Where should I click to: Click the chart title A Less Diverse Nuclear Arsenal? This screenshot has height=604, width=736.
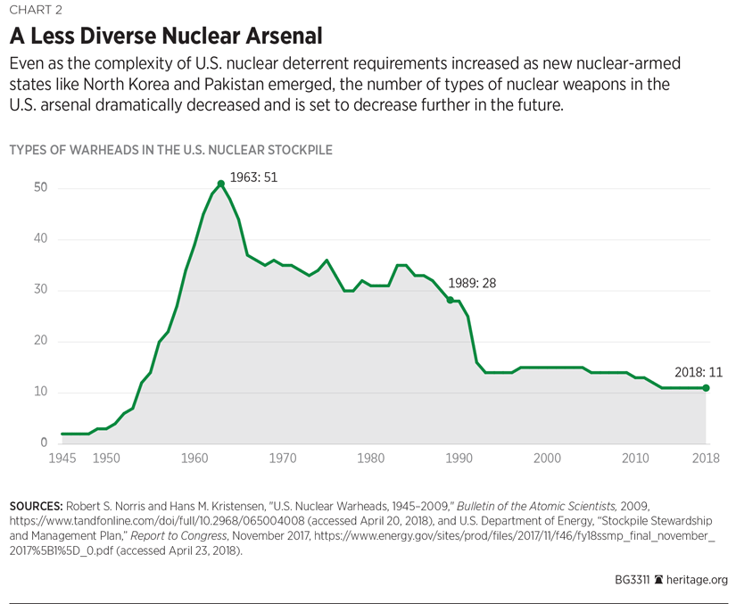(165, 37)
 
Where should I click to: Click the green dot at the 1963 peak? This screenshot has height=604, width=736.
(221, 184)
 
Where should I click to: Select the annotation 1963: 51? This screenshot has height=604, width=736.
(253, 177)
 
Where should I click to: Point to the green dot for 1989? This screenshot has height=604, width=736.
(451, 301)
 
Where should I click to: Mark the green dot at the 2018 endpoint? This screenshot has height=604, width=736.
(707, 387)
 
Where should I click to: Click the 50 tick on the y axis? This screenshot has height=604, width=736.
(39, 188)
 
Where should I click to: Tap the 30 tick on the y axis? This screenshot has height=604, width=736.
(39, 291)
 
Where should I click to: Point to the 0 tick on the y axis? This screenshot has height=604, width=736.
(43, 443)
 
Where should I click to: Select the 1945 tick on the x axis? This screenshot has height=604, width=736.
(62, 458)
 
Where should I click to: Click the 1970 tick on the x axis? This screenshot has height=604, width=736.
(282, 458)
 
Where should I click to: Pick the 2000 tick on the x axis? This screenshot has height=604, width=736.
(547, 458)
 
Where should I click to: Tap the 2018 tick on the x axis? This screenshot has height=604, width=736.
(706, 458)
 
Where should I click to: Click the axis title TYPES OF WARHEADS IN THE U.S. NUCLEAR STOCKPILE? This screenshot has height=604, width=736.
(170, 150)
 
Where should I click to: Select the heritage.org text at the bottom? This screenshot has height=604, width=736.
(698, 579)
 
